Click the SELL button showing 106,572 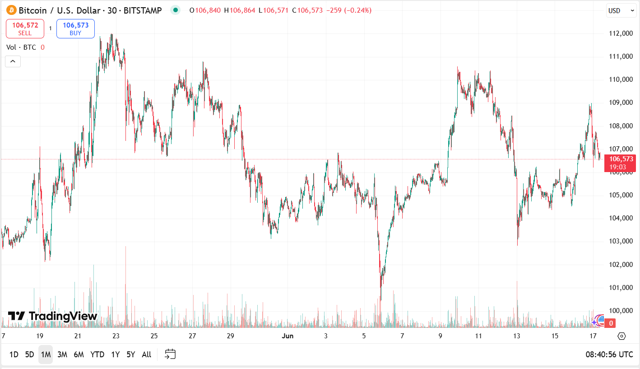tap(25, 28)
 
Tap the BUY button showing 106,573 tap(75, 28)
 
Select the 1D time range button tap(14, 355)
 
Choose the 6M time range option tap(79, 355)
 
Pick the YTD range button tap(97, 355)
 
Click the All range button tap(146, 355)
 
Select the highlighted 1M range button tap(46, 355)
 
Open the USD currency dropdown tap(621, 11)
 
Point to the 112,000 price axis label tap(620, 33)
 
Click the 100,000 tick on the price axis tap(620, 311)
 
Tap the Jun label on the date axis tap(287, 336)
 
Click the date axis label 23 tap(116, 336)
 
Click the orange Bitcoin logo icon tap(11, 10)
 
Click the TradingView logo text tap(53, 316)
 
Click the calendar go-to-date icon tap(170, 354)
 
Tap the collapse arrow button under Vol tap(13, 61)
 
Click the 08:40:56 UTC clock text tap(609, 355)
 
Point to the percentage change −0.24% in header tap(358, 10)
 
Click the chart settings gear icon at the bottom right tap(621, 336)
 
